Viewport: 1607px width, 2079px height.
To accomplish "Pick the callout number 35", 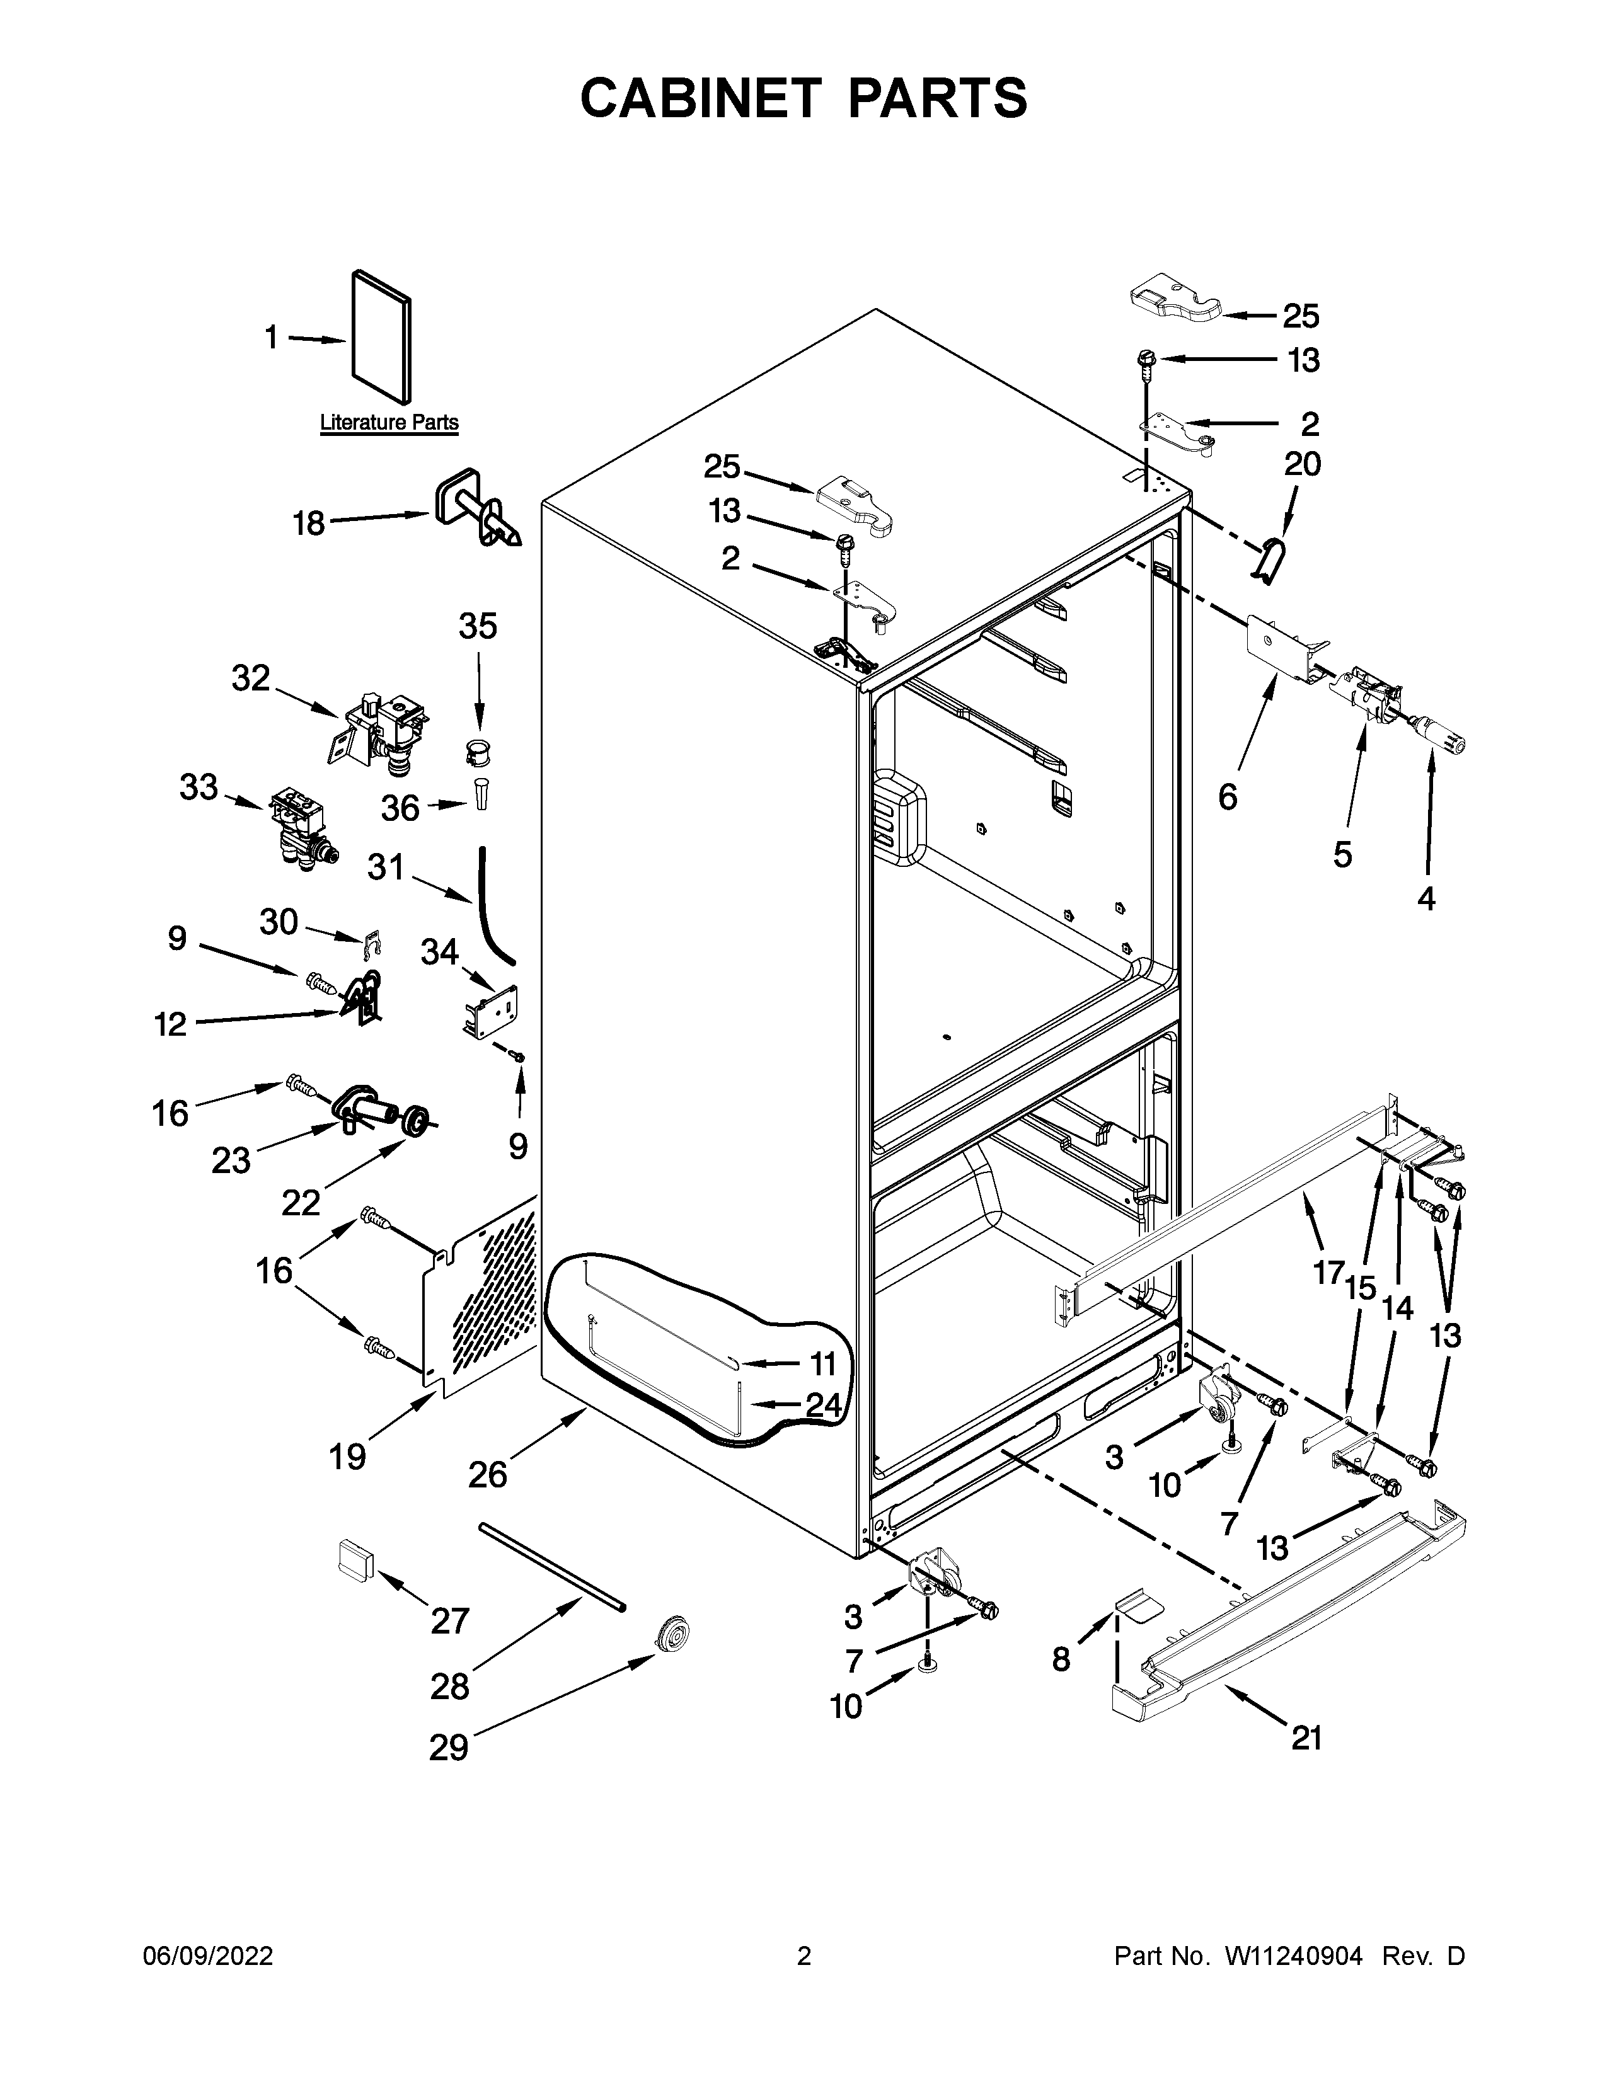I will click(478, 626).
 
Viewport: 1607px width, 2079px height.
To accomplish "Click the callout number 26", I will click(487, 1475).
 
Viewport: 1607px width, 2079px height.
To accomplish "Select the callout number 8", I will click(1061, 1659).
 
